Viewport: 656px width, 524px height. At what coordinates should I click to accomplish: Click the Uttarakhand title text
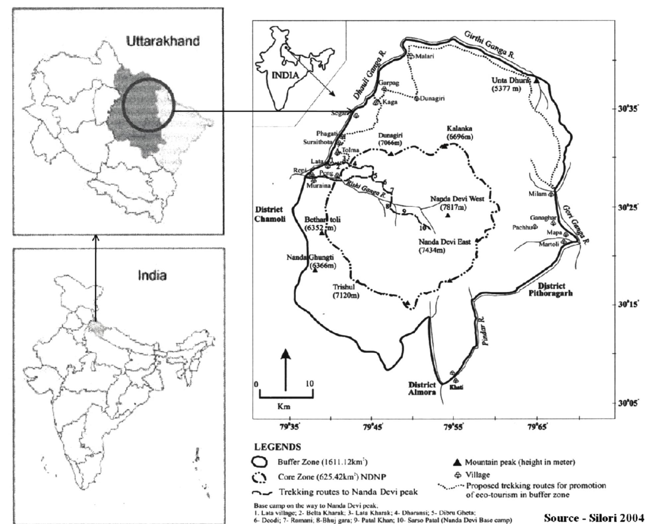point(163,41)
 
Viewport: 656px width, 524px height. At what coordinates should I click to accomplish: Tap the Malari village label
point(424,56)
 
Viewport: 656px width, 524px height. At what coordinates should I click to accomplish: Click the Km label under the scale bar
point(284,407)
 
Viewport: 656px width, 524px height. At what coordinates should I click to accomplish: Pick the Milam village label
point(537,194)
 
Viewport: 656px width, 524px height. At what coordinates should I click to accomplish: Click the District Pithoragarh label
point(550,289)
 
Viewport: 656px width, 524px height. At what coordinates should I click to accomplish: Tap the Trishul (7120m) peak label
point(346,291)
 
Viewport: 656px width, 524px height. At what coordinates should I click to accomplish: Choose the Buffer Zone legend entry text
point(322,462)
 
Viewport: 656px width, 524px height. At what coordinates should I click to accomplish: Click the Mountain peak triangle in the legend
point(458,462)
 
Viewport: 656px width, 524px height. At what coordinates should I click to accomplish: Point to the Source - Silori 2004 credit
point(594,517)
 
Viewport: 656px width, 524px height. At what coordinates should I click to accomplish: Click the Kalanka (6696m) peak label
point(460,132)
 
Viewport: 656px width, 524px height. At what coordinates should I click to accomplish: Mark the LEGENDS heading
point(277,447)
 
